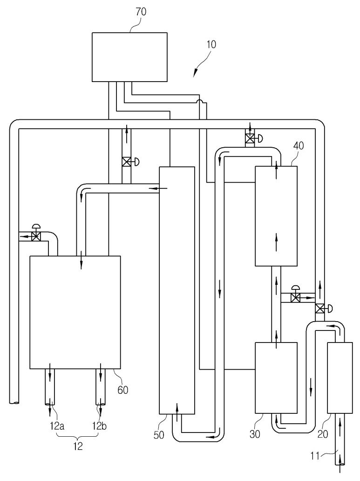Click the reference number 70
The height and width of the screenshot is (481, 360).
pos(141,12)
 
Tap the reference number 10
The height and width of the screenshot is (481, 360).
pos(211,44)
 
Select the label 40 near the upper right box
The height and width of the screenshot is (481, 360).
pos(299,145)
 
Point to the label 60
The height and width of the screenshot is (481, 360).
pos(123,390)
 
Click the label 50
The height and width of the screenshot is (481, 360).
pos(159,435)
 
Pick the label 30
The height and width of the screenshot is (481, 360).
pos(255,434)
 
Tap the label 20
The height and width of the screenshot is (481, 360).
pos(323,434)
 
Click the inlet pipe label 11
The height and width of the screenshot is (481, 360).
pos(315,456)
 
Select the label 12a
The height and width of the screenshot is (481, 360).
pos(57,426)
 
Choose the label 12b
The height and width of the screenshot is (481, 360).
pos(99,426)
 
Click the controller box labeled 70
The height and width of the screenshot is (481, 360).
pos(130,57)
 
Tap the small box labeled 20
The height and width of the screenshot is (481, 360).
pos(340,378)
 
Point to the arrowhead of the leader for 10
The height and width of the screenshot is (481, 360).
pos(194,76)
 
